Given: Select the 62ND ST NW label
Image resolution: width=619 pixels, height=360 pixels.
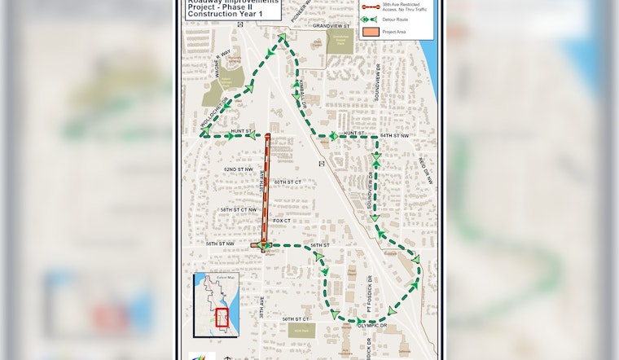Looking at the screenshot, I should click(x=239, y=169).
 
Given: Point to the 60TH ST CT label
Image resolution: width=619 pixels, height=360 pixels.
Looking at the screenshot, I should click(x=288, y=182).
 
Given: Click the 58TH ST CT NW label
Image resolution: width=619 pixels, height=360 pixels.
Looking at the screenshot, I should click(x=239, y=209).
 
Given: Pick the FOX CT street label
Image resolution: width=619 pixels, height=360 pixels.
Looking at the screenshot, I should click(x=282, y=220).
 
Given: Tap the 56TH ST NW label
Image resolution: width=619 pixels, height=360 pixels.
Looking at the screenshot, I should click(x=220, y=244).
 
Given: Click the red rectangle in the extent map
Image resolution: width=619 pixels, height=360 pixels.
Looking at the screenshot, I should click(x=222, y=318).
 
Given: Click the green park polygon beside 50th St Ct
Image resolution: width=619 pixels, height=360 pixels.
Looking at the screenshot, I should click(x=301, y=330).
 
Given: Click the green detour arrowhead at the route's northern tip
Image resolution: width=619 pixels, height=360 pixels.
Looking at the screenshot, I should click(x=282, y=38).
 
